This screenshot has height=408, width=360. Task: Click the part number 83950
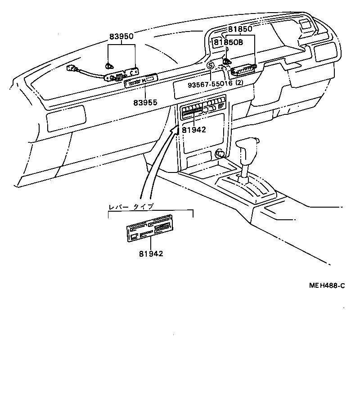[x=121, y=36]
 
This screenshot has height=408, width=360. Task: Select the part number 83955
[x=145, y=102]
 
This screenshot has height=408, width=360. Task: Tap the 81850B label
[x=228, y=42]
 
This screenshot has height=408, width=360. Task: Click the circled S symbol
[x=210, y=66]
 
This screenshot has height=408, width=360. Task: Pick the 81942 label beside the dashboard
[x=194, y=130]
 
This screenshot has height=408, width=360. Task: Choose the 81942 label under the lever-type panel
[x=151, y=254]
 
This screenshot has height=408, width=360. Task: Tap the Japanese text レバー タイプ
[x=131, y=207]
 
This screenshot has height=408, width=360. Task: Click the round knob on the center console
[x=220, y=154]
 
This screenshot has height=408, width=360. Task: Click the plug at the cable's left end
[x=70, y=69]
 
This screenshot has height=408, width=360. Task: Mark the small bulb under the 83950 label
[x=108, y=66]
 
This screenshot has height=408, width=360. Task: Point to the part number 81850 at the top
[x=240, y=29]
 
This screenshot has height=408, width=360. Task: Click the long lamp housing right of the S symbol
[x=243, y=69]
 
